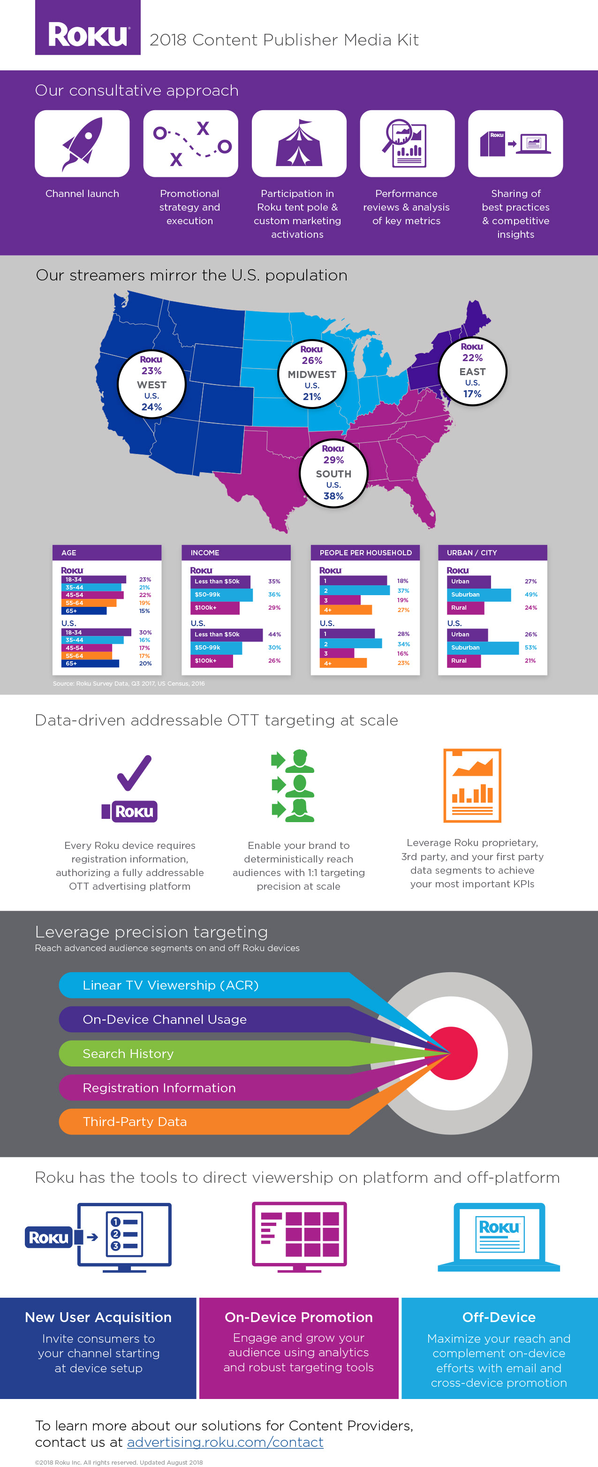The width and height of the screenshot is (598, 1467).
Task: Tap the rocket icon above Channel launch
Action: click(x=82, y=144)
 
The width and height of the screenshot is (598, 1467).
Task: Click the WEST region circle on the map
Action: click(x=151, y=383)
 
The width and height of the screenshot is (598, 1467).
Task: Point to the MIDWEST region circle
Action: click(x=311, y=374)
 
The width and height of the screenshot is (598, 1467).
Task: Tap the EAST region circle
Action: click(x=472, y=371)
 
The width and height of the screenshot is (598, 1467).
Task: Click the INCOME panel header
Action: click(x=236, y=552)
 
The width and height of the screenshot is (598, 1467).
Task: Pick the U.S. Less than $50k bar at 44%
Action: click(x=226, y=635)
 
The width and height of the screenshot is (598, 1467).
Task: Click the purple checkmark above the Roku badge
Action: click(x=135, y=773)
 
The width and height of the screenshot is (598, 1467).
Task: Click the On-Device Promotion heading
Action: click(x=298, y=1317)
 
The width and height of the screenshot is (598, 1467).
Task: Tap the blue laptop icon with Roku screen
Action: click(x=499, y=1236)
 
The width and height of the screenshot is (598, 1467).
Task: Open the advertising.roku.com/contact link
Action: click(x=225, y=1442)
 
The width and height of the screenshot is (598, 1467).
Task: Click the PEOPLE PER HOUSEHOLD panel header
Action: click(x=365, y=552)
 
